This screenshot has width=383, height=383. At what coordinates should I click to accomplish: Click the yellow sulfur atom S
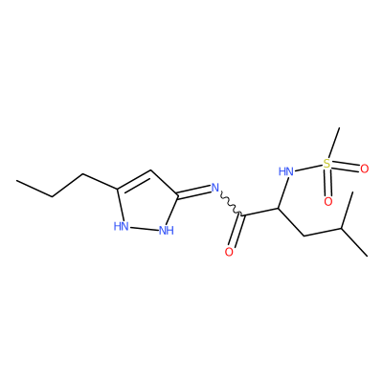(327, 164)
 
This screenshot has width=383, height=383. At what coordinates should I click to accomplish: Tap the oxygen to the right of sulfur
(365, 169)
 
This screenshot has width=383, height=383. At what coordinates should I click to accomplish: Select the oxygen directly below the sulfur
(328, 201)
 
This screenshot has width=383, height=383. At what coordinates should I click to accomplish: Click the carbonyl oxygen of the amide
(229, 252)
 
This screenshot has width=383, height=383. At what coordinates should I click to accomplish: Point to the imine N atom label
(215, 188)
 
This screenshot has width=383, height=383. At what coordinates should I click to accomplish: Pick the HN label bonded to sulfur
(286, 171)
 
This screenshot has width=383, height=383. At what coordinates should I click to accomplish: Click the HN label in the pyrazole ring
(122, 226)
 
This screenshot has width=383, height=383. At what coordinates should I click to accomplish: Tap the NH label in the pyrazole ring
(167, 230)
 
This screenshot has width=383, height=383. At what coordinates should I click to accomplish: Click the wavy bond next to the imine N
(232, 204)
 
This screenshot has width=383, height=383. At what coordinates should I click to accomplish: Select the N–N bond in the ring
(144, 228)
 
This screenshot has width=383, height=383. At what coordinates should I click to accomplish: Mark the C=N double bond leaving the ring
(194, 191)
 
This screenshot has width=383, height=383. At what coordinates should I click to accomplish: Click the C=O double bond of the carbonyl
(237, 231)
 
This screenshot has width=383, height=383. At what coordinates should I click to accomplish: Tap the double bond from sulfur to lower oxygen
(327, 183)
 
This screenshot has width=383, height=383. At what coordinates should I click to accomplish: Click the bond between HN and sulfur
(308, 168)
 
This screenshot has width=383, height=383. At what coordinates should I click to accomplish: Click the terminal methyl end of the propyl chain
(17, 181)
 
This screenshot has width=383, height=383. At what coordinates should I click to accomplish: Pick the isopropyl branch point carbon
(342, 229)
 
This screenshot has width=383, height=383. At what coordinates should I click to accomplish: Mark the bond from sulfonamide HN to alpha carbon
(282, 193)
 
